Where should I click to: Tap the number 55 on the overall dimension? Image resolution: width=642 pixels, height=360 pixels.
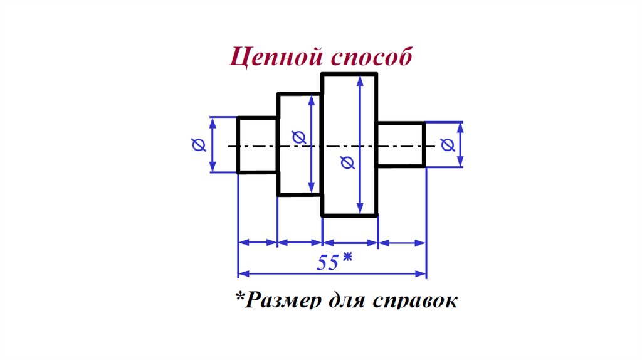(x=327, y=262)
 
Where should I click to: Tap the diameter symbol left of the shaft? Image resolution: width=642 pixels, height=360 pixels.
(x=199, y=146)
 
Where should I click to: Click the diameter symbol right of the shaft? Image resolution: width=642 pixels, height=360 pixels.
(x=447, y=146)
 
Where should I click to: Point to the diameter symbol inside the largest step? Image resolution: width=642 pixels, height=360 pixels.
(x=346, y=163)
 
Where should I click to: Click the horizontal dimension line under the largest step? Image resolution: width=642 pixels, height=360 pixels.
(x=350, y=241)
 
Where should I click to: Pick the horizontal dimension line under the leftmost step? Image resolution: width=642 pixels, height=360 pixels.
(x=258, y=241)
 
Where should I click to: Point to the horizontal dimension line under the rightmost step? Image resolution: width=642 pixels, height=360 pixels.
(x=402, y=241)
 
